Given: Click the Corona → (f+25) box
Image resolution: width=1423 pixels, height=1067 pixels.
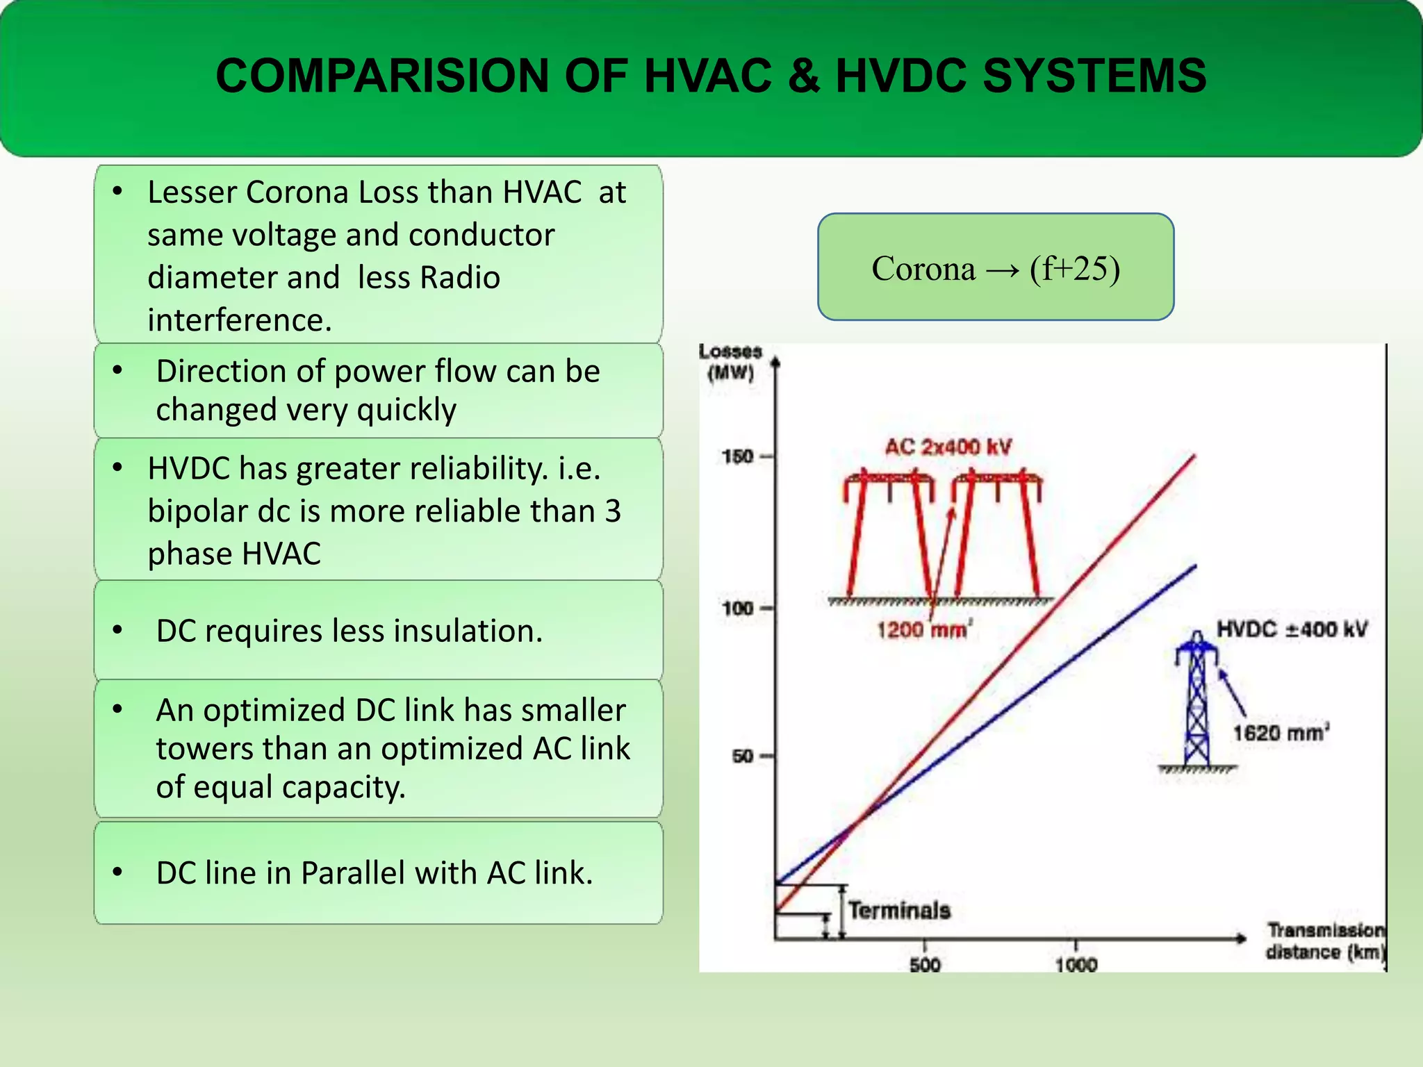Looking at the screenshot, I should point(996,267).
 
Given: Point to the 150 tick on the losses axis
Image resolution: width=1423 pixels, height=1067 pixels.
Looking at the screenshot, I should point(738,456).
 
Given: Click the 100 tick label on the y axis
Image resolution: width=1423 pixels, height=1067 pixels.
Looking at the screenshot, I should point(738,609).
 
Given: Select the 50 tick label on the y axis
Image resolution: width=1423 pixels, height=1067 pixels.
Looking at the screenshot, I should point(743,756).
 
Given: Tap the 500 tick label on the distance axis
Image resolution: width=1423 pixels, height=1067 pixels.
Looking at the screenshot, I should point(925,964).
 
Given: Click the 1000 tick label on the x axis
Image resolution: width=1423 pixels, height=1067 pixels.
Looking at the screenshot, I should point(1076,964).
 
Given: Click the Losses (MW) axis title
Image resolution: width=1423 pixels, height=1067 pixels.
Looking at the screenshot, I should point(730,362).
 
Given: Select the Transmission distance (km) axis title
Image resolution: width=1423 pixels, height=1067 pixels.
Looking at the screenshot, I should point(1324,941).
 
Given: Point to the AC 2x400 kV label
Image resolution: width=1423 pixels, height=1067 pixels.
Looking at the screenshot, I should point(948,447).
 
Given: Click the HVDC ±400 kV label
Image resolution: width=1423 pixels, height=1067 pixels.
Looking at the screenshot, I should point(1292,629).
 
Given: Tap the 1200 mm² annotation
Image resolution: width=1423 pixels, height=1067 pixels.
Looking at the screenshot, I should point(924,629).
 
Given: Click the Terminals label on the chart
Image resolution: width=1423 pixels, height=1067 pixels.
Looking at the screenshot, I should point(899,910).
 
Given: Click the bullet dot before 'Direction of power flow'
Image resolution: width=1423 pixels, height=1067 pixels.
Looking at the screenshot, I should point(118,370).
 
